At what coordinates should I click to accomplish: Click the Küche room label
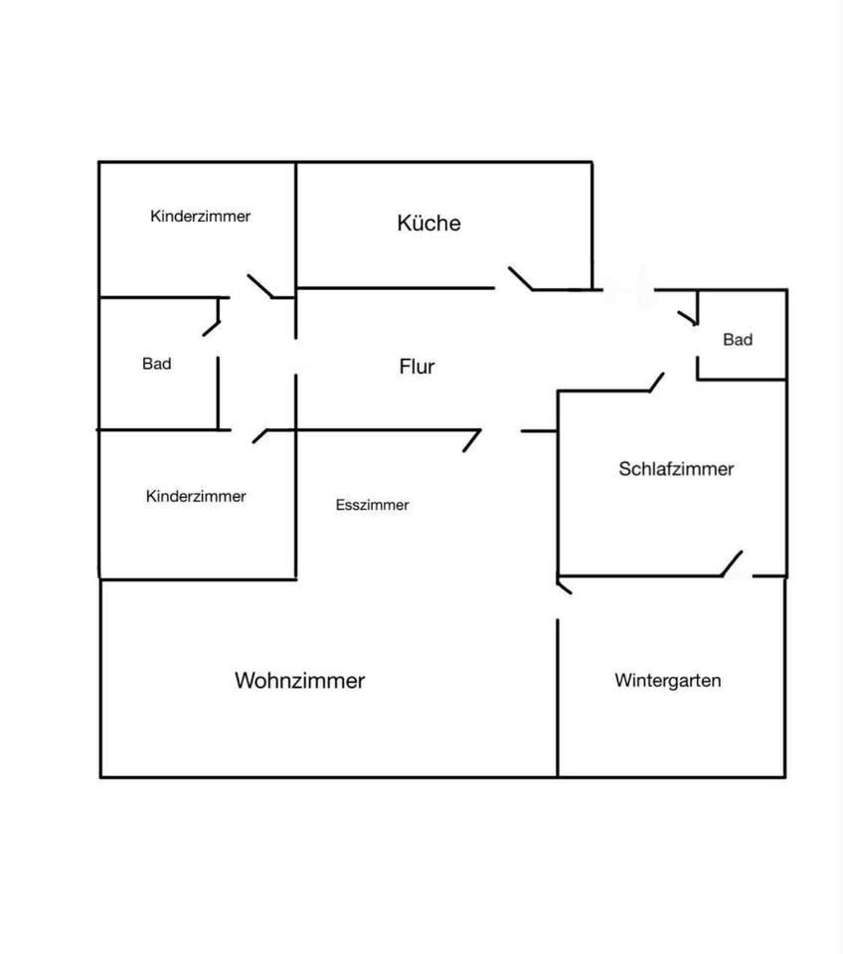point(428,223)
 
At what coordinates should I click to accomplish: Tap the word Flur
point(417,367)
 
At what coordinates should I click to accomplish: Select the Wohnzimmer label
point(299,681)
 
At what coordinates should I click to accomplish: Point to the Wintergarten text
point(667,681)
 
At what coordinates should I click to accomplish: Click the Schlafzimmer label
point(676,469)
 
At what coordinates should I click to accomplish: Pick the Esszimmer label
point(372,505)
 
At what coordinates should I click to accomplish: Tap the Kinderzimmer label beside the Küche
point(200,216)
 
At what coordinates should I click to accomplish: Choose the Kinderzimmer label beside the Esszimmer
point(196,496)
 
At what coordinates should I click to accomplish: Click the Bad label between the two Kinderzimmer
point(156,364)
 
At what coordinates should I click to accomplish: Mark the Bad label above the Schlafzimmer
point(738,340)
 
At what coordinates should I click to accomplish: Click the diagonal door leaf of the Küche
point(521,278)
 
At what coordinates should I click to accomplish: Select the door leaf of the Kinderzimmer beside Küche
point(260,285)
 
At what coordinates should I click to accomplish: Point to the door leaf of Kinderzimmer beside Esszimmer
point(260,435)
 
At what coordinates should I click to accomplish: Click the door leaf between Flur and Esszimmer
point(472,440)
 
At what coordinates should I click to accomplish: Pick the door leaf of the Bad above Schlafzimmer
point(687,317)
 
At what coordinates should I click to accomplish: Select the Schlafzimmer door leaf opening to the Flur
point(657,382)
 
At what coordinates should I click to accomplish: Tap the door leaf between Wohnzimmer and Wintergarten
point(565,586)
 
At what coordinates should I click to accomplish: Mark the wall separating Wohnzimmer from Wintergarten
point(558,696)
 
